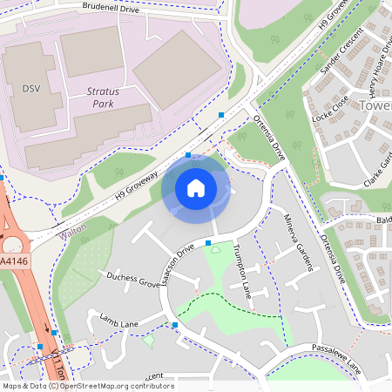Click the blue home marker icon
(196, 186)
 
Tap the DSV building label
(31, 89)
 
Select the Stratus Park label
(107, 97)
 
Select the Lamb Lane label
(119, 321)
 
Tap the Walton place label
(74, 234)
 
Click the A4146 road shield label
(12, 260)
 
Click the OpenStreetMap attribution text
(88, 386)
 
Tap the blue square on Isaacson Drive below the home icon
(208, 242)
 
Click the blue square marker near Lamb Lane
(175, 325)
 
